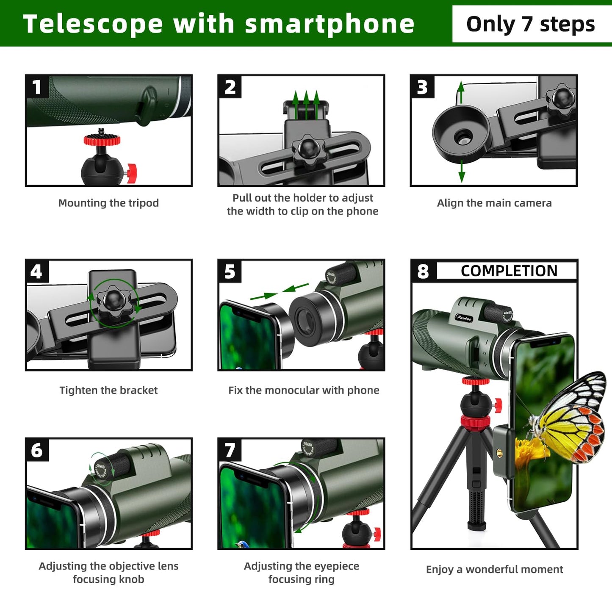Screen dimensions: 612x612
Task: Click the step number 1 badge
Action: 37,87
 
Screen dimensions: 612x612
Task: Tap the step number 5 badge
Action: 230,271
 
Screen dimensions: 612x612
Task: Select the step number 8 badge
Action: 423,271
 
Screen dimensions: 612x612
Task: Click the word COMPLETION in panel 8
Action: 509,271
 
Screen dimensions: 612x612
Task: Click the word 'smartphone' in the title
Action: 330,25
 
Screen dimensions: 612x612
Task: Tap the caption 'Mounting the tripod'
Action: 108,203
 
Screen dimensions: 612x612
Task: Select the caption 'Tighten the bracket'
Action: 108,390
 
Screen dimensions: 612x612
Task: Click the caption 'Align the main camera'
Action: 494,203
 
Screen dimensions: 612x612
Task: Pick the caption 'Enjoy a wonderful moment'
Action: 495,570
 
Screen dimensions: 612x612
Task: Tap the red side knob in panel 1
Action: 131,173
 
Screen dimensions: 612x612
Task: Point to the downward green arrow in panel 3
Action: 462,171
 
